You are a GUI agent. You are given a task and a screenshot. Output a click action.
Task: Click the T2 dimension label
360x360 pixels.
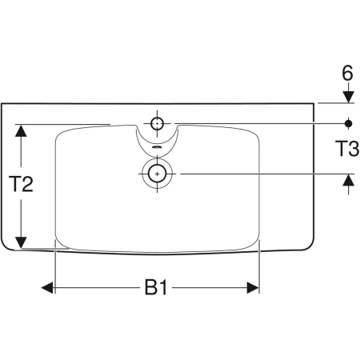21,184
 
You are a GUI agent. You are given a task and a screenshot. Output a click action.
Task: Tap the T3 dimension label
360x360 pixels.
347,149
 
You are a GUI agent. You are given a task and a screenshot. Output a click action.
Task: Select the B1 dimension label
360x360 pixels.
156,287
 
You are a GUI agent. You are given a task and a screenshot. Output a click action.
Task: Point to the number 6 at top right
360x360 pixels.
347,73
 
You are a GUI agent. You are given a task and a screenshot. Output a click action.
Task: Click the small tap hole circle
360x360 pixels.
157,124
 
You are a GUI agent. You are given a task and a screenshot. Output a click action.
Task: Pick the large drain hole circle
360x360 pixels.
157,174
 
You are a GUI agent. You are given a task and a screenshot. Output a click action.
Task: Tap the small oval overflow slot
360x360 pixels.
157,147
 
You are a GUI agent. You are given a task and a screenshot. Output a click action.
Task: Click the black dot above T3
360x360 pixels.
348,123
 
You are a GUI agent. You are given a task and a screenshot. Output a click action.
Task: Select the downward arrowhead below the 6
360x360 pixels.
348,97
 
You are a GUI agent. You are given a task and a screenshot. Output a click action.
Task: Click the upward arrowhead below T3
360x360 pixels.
348,180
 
